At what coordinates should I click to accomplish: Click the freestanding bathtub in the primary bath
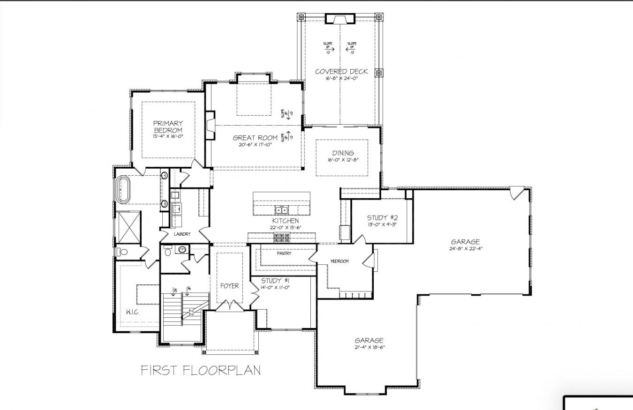pos(124,190)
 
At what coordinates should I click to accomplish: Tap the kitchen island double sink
pos(281,209)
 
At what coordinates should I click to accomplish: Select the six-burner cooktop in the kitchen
pos(281,238)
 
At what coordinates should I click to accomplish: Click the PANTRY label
pos(284,253)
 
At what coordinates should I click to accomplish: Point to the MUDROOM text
pos(339,261)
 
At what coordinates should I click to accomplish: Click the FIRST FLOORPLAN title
pos(201,370)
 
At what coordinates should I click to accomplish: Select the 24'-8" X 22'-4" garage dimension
pos(466,249)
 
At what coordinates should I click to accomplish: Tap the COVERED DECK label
pos(341,72)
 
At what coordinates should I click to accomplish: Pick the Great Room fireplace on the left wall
pos(210,125)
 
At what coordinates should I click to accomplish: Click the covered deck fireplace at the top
pos(340,19)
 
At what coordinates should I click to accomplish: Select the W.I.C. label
pos(133,312)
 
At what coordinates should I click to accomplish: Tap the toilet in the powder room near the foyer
pos(168,252)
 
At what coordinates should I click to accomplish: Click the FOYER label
pos(230,286)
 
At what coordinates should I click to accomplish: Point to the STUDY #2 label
pos(383,217)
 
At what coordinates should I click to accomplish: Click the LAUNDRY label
pos(182,234)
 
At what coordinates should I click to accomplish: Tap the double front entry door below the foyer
pos(230,306)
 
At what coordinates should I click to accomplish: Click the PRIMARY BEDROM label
pos(167,127)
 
